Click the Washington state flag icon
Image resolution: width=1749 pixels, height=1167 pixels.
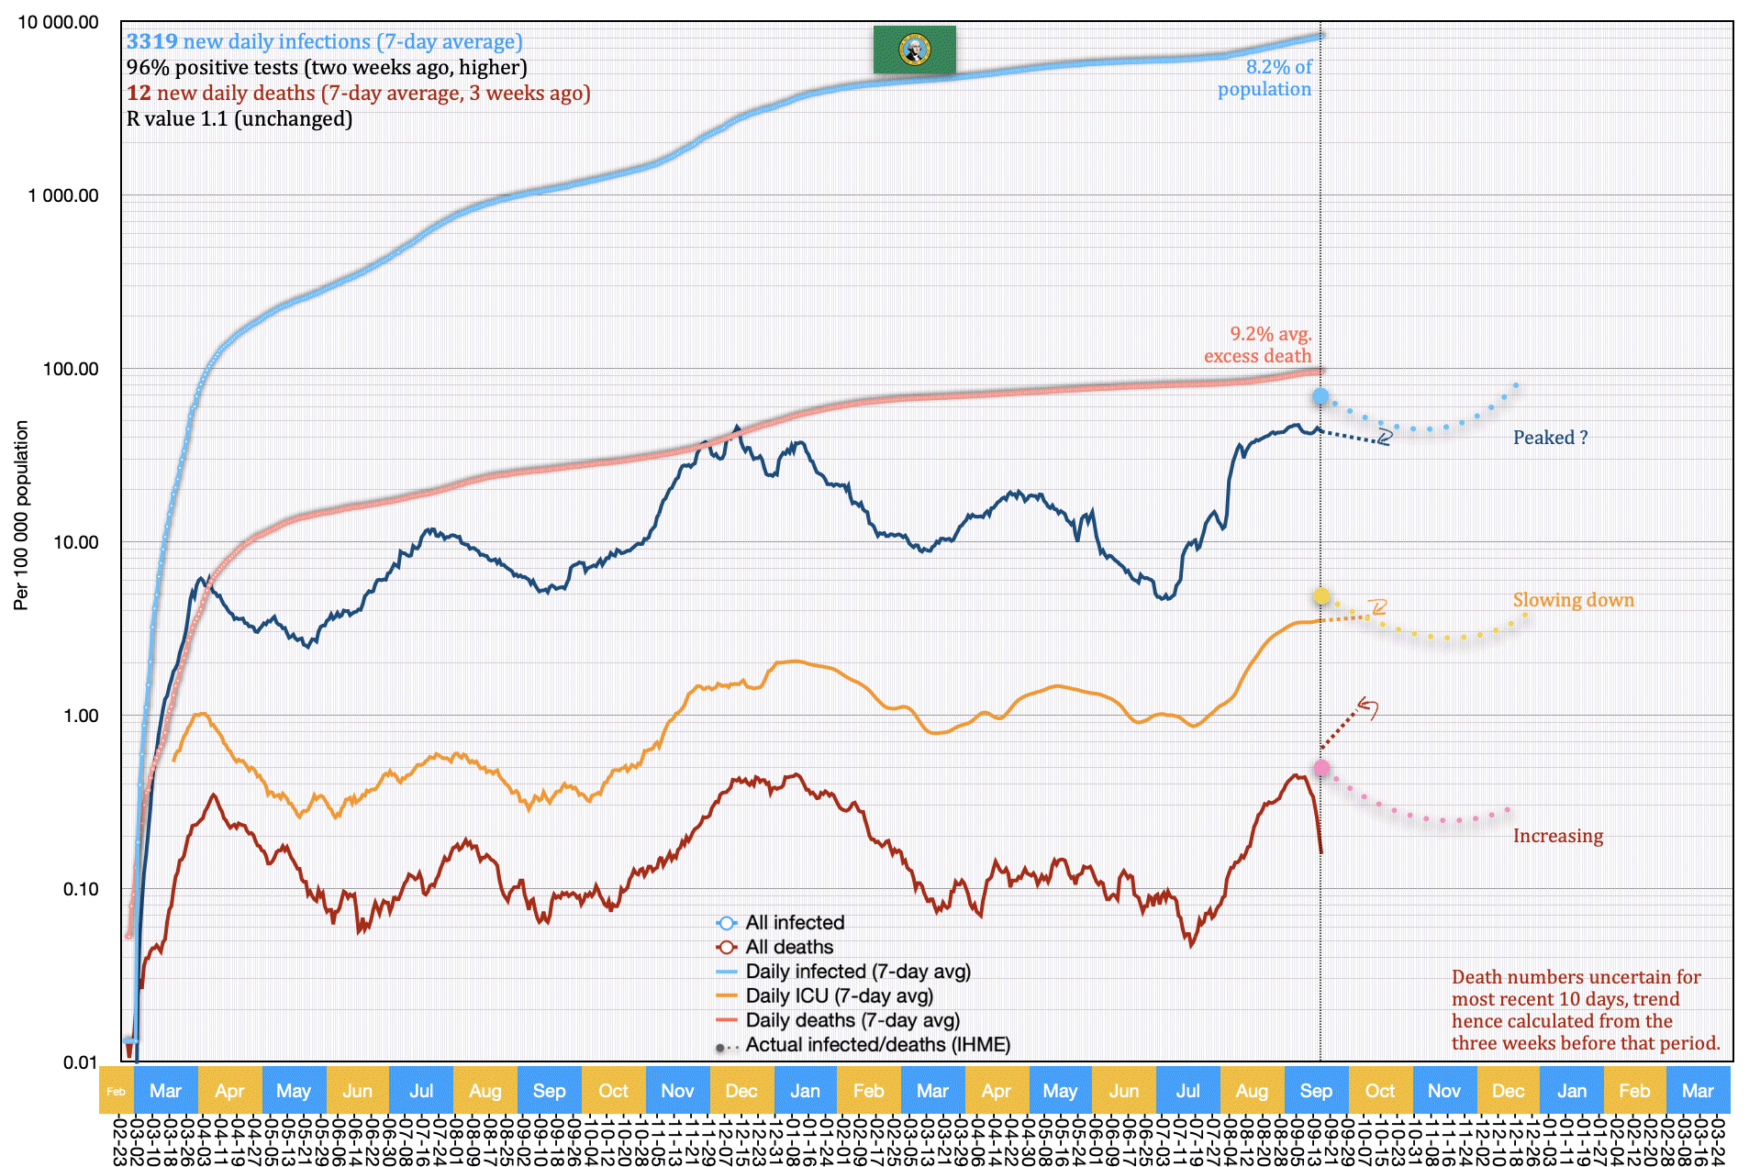(914, 49)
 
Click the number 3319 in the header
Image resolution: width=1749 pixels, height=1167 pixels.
(152, 41)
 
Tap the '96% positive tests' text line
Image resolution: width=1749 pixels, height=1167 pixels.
(327, 67)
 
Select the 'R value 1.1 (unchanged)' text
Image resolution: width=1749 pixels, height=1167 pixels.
(240, 118)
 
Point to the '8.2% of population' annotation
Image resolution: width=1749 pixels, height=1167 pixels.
(1265, 78)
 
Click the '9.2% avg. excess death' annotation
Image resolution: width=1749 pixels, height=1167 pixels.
(1258, 345)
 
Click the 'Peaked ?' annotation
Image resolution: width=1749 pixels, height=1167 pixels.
(1550, 438)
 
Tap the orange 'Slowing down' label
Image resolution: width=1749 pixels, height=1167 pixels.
(1573, 600)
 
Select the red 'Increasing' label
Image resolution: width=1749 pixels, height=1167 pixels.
(1557, 836)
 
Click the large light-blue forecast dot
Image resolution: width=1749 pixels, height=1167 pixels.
(1320, 396)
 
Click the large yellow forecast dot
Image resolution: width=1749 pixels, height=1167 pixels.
(1321, 596)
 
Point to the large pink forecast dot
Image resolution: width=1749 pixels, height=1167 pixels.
(1321, 768)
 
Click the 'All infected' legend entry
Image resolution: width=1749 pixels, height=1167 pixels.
(794, 923)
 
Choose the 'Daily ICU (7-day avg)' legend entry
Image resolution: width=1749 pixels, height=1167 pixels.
(838, 995)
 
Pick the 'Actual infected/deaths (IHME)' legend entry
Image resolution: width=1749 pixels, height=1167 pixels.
(876, 1045)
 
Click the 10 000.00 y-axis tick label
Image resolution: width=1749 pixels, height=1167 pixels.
(58, 22)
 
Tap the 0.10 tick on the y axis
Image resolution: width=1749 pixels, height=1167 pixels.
(80, 889)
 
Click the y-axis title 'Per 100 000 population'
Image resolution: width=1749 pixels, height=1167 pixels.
(21, 515)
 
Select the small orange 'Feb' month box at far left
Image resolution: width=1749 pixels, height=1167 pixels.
(117, 1091)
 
